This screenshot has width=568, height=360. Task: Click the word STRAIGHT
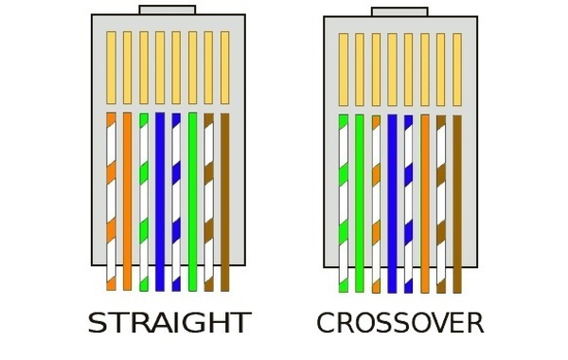(169, 323)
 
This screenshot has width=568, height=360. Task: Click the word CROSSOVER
(400, 323)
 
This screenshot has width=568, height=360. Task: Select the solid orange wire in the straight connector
(127, 202)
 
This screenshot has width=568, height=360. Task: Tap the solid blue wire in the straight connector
(160, 202)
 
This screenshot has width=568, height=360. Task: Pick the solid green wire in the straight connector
(193, 202)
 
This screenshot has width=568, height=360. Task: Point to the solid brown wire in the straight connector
(225, 202)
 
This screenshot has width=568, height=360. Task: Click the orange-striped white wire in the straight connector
(111, 202)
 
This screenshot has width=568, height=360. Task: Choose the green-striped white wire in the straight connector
(144, 202)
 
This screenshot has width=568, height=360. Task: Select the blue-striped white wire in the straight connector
(176, 202)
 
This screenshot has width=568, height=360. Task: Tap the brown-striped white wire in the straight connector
(208, 202)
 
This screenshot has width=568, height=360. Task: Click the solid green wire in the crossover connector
(360, 204)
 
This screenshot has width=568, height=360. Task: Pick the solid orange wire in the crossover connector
(425, 204)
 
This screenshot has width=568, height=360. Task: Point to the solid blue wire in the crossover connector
(392, 204)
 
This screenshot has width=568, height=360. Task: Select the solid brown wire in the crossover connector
(457, 204)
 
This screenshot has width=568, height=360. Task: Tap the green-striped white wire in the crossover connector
(344, 204)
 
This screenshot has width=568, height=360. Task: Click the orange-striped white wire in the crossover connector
(377, 204)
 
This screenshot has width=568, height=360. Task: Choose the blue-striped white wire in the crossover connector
(408, 204)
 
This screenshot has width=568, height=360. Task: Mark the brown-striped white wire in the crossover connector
(441, 204)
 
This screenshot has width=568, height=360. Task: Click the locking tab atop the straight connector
(168, 9)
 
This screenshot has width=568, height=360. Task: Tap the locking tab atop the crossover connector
(399, 12)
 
